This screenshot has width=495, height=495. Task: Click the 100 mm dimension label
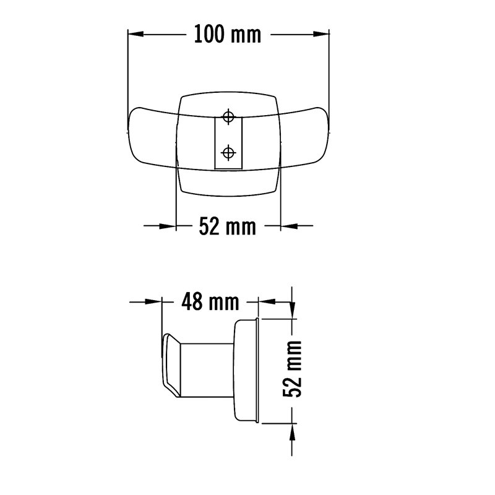[228, 35]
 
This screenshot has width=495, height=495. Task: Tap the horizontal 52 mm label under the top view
[227, 226]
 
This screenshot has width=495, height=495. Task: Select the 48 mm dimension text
[210, 302]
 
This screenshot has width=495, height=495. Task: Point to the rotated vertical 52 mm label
[292, 369]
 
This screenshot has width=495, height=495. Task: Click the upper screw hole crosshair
[228, 117]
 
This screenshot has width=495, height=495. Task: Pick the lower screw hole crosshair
[228, 153]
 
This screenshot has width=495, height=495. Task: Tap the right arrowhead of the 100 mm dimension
[321, 34]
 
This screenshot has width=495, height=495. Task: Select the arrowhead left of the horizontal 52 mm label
[168, 226]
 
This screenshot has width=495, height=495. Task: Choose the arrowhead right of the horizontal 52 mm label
[289, 226]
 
